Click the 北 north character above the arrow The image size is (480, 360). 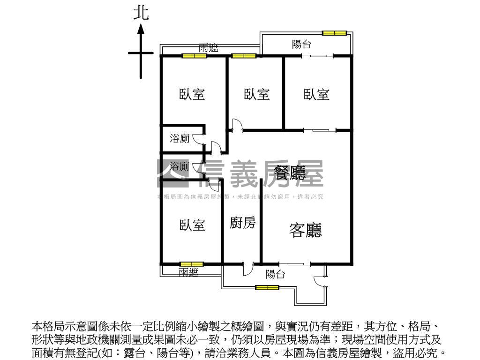coord(141,13)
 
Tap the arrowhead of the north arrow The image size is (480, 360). coord(141,29)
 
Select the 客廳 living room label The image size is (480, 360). coord(306,230)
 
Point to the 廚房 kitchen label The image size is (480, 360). coord(243,223)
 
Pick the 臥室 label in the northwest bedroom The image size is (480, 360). coord(192,94)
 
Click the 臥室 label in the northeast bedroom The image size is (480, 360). coord(316,94)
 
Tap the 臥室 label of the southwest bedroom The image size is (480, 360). coord(192,225)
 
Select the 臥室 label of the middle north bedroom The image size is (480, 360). coord(257,94)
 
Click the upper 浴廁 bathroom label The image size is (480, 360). coord(180,138)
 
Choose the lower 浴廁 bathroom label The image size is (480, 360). coord(180,166)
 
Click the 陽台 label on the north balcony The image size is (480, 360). coord(301,45)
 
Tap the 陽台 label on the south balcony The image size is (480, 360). coord(275,275)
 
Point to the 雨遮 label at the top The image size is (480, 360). coord(208,48)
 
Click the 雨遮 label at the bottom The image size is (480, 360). coord(188,272)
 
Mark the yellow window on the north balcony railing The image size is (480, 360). coord(334,33)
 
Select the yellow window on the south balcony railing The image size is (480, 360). coord(267,287)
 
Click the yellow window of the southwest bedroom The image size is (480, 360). coord(192,264)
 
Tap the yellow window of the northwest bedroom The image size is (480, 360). coord(195,56)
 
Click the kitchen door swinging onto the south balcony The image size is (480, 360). coord(247,269)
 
